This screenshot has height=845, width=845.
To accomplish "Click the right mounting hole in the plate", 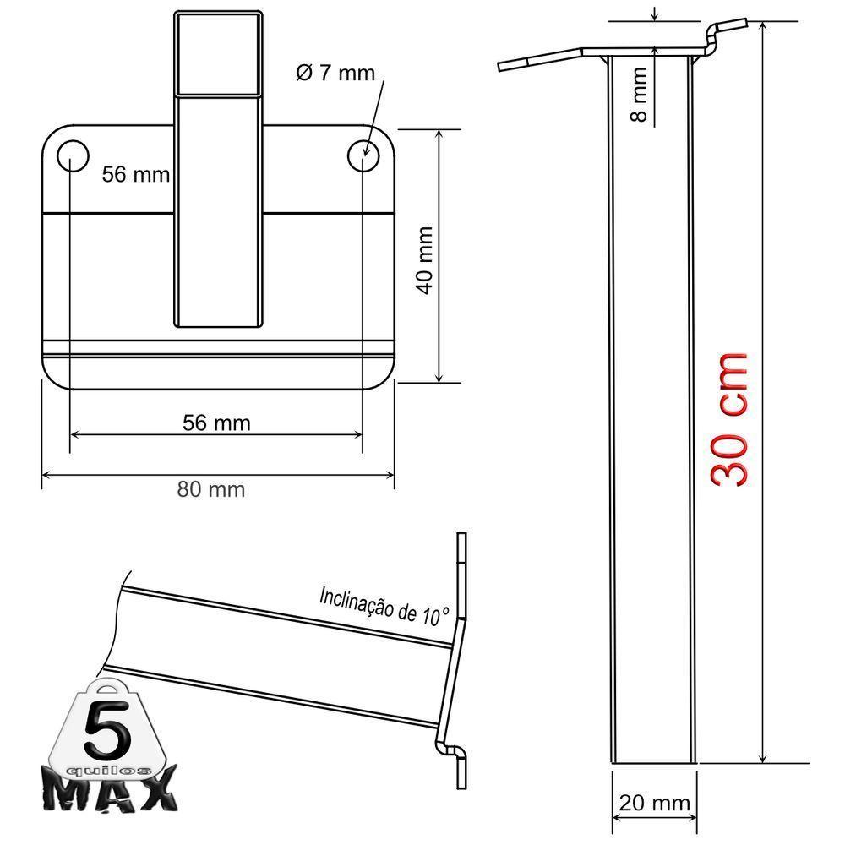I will (x=364, y=155).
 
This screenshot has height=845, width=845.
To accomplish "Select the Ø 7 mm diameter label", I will (x=335, y=74).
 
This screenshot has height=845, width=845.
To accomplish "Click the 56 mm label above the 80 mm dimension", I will (x=216, y=422).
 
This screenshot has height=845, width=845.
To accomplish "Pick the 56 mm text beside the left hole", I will (x=135, y=175).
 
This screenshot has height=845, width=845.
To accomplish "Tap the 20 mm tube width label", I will (x=654, y=802).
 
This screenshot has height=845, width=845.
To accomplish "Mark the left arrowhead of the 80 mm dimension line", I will (x=47, y=475).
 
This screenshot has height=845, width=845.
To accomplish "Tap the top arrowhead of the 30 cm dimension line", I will (x=763, y=28).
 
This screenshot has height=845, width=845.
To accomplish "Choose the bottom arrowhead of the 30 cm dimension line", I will (x=763, y=758).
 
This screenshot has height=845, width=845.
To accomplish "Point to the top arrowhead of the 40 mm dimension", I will (x=439, y=135).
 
